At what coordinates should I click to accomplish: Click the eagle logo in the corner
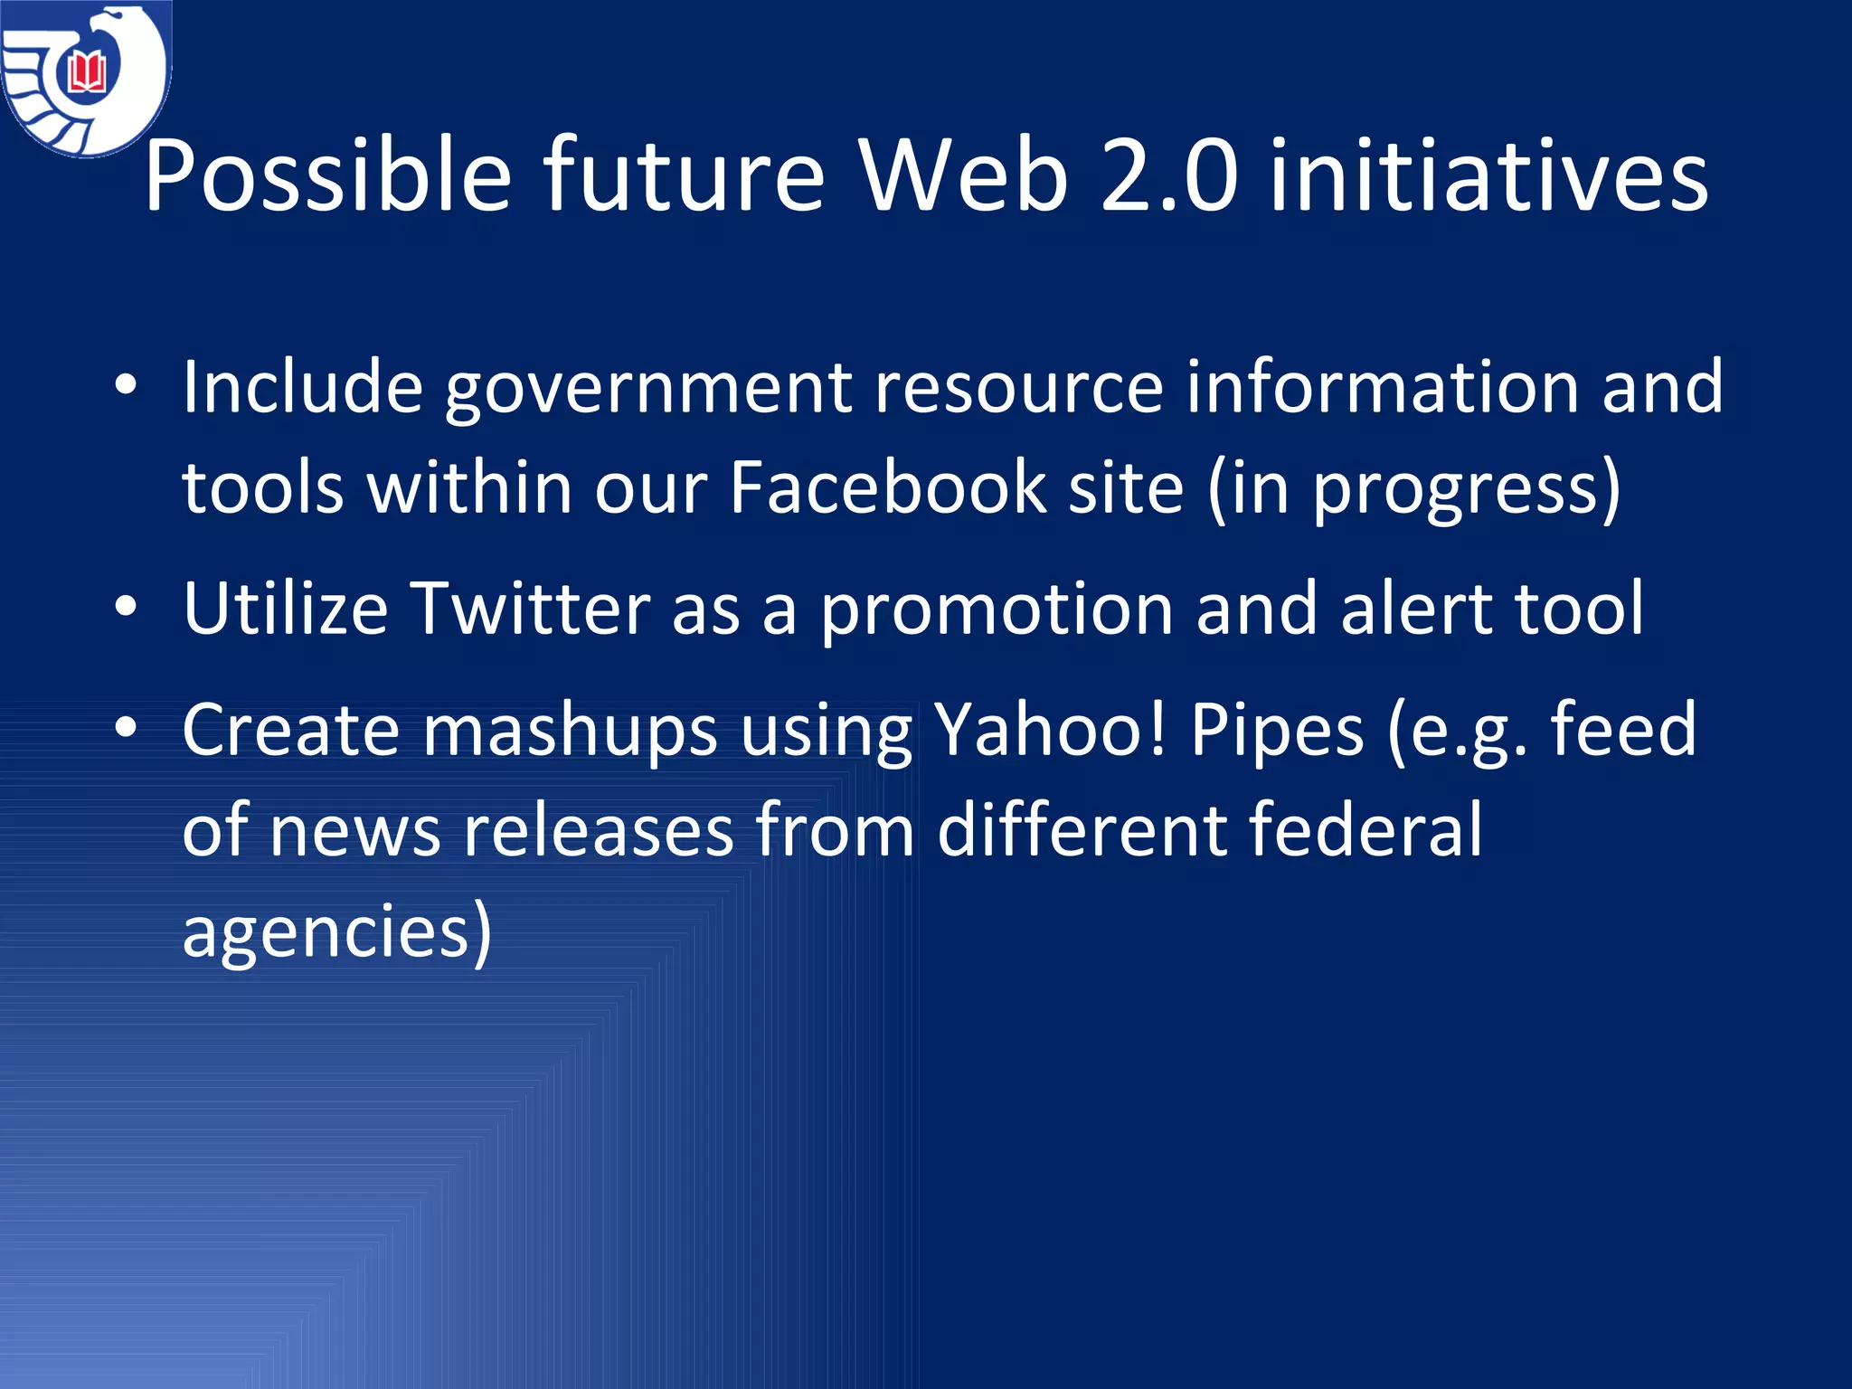pos(86,78)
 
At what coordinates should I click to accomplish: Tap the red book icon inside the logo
pos(88,72)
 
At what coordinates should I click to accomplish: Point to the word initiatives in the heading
pos(1488,175)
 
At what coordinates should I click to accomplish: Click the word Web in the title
pos(964,175)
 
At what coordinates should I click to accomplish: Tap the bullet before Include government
pos(126,386)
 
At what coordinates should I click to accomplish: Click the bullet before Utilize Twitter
pos(126,607)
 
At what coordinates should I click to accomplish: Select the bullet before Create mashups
pos(126,728)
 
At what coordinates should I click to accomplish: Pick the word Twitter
pos(530,609)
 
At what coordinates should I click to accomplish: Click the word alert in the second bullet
pos(1416,609)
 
